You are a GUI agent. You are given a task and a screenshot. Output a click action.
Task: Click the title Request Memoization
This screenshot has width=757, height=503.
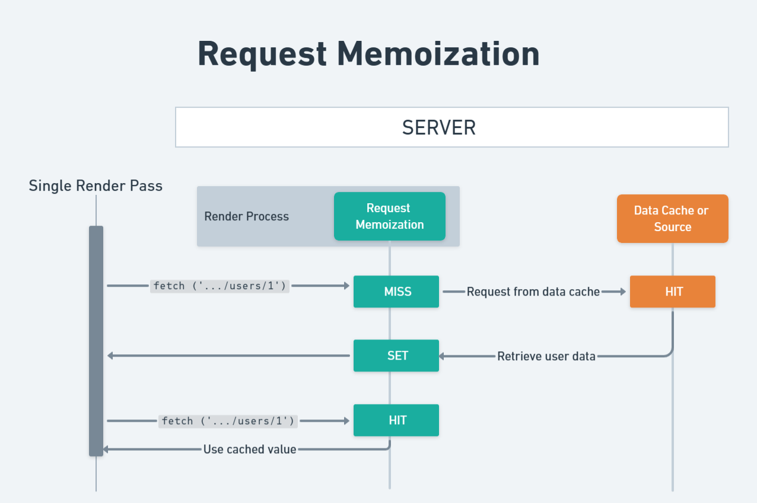point(368,54)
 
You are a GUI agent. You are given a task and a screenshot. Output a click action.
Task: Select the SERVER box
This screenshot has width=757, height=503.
point(451,127)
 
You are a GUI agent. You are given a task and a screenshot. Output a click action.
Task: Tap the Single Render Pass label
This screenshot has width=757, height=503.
point(96,186)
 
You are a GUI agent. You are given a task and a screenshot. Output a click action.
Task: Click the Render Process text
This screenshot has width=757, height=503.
point(246,216)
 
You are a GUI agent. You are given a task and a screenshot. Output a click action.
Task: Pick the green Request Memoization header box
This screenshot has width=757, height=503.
point(389,216)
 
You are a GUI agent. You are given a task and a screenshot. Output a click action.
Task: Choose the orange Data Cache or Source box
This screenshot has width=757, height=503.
point(672,219)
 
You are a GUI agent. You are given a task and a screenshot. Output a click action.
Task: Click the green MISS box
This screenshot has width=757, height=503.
point(396,291)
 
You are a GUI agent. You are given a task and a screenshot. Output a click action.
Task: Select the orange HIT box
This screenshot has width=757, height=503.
point(672,291)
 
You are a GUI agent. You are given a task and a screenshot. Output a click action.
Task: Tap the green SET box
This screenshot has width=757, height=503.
point(396,355)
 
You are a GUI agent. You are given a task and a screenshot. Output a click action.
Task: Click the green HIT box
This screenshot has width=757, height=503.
point(396,420)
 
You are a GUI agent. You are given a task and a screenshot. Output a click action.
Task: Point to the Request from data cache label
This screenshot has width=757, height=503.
point(533,291)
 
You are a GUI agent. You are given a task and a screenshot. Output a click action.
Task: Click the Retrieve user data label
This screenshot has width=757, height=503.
point(546,356)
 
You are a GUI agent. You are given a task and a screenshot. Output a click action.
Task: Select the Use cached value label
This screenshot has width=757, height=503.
point(250,449)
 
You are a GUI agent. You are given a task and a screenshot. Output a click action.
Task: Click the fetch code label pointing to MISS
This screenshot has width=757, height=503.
point(220,286)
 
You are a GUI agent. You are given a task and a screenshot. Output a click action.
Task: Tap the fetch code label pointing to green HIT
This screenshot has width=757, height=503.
point(228,421)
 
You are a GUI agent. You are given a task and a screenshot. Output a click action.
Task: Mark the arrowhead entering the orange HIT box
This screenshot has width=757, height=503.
point(622,291)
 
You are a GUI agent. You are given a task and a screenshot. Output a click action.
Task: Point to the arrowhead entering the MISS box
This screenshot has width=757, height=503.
point(346,286)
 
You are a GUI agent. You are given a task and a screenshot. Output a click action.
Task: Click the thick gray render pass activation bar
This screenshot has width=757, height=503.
point(96,341)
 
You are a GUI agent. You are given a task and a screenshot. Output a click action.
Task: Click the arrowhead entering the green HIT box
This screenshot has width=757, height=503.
point(346,421)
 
